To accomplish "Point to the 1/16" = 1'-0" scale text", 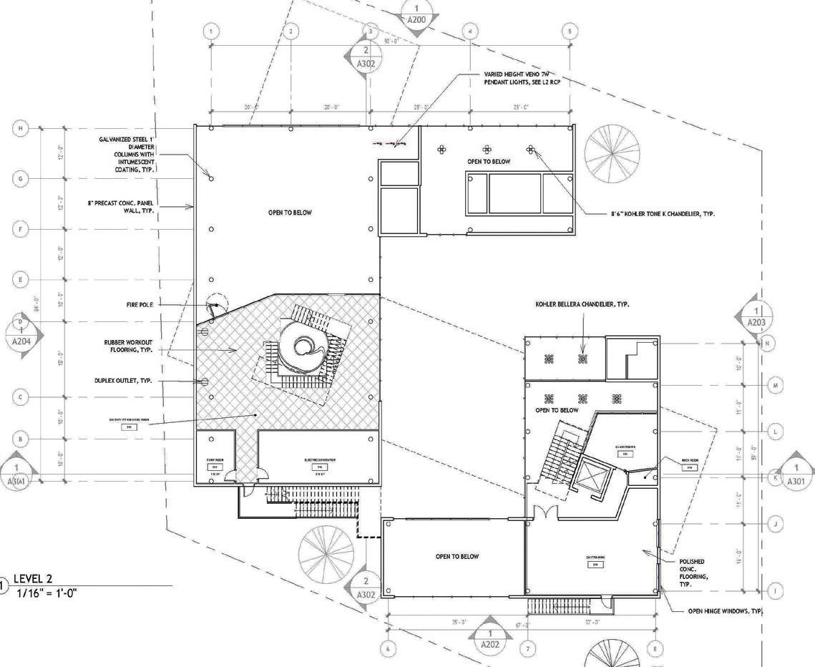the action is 47,593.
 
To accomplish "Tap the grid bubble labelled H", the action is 21,128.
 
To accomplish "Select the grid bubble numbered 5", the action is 570,31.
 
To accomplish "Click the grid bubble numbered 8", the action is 655,649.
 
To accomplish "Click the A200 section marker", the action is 416,14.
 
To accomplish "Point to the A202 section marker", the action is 490,638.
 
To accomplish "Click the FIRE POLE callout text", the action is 140,305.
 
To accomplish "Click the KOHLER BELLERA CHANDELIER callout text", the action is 582,304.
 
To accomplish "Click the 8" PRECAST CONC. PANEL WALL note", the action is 120,208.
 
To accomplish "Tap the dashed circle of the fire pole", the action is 217,303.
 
